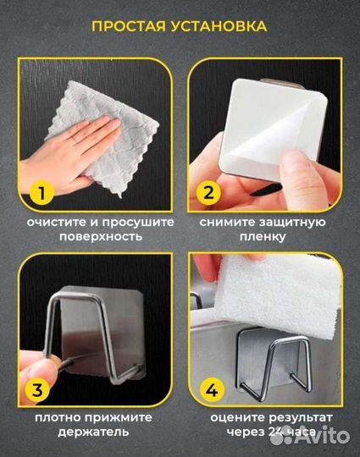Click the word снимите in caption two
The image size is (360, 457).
pos(227,222)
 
